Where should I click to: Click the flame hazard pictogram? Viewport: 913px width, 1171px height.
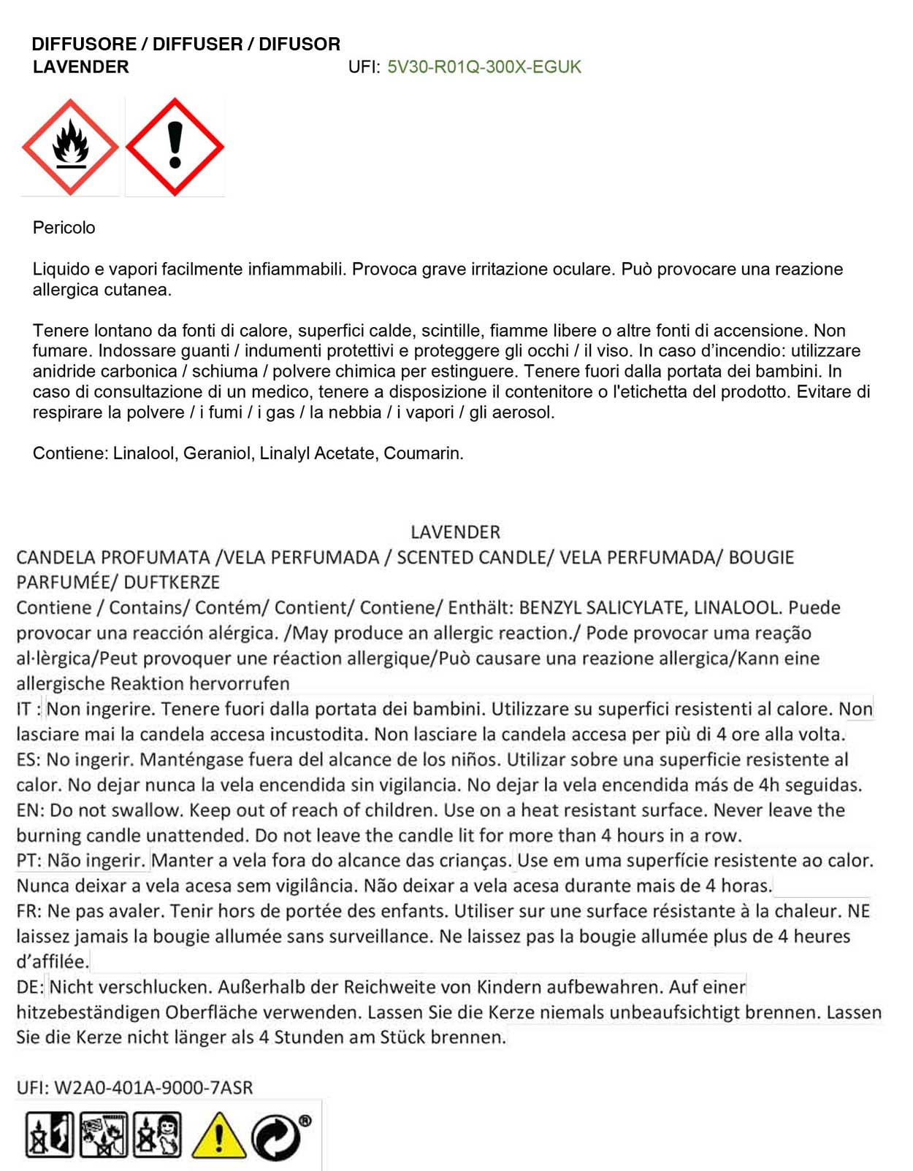tap(70, 147)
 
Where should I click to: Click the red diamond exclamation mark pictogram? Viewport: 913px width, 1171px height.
tap(175, 147)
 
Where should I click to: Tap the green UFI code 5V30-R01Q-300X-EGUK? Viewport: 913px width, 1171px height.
tap(484, 67)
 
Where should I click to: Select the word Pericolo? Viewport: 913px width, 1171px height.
tap(64, 228)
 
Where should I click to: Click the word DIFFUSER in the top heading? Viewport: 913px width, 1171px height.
tap(197, 44)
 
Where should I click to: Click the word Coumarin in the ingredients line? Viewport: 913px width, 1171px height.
tap(423, 453)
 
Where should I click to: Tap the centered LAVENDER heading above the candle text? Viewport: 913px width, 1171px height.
tap(455, 532)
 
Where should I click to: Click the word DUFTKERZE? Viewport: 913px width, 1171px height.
tap(172, 583)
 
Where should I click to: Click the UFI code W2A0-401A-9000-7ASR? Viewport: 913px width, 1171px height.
tap(153, 1088)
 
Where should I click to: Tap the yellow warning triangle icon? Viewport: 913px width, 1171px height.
tap(218, 1136)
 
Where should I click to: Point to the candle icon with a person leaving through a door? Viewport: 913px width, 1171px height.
tap(49, 1134)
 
